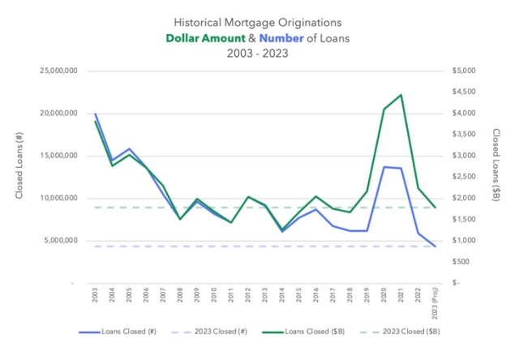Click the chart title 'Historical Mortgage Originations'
[x=259, y=23]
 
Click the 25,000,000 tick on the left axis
[x=58, y=71]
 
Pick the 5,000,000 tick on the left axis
[x=60, y=240]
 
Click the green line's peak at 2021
[x=401, y=95]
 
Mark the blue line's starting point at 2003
[x=96, y=114]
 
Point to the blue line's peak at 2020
[x=384, y=167]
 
